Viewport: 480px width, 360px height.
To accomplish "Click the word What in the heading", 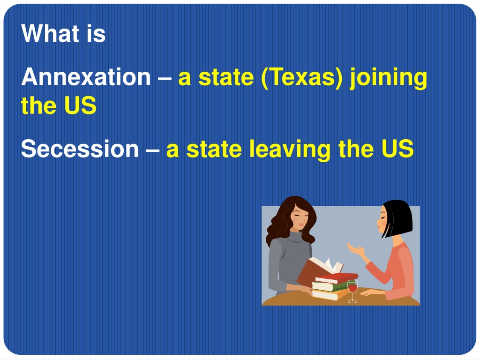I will click(x=47, y=34).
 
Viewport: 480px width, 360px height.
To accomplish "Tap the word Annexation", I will click(x=86, y=77).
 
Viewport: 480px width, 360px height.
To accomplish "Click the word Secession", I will click(x=80, y=149).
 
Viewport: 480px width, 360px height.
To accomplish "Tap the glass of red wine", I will click(x=352, y=288).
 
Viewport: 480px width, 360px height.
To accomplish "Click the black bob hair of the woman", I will click(x=399, y=218).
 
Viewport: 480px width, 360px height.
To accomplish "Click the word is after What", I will click(x=96, y=34).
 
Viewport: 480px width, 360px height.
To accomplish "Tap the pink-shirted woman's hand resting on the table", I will click(x=370, y=293).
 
